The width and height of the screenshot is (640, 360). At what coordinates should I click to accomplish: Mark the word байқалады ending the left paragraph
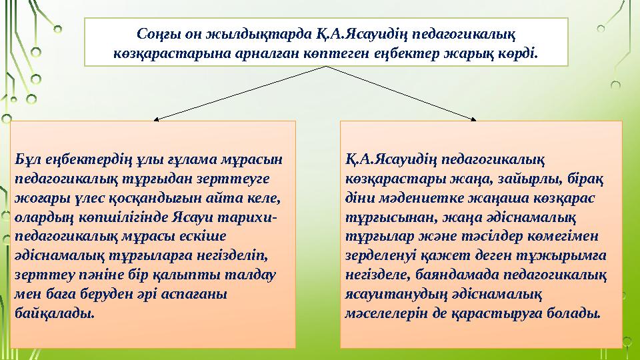[x=53, y=312]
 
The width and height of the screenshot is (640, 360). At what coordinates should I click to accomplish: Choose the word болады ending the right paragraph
[x=575, y=312]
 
